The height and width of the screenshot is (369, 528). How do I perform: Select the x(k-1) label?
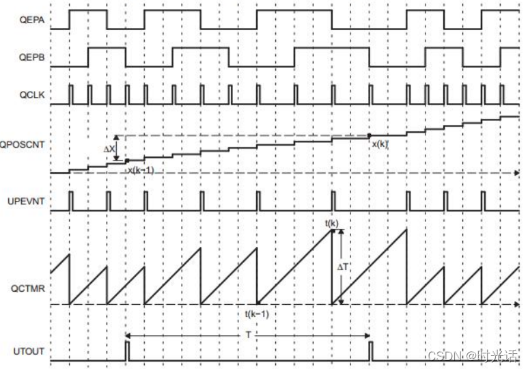pos(141,169)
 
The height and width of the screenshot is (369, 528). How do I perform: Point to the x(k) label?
pos(379,143)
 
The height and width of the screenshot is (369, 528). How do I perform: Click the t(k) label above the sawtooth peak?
pos(332,223)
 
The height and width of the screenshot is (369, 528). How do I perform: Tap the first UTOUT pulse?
pos(126,351)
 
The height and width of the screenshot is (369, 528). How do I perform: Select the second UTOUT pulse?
pos(370,351)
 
